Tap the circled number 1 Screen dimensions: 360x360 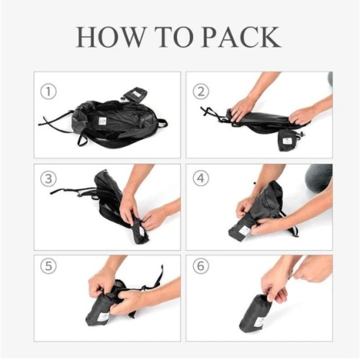point(48,92)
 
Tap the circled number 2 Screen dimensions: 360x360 point(201,91)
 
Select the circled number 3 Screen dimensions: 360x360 point(48,179)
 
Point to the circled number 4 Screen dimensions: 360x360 point(201,179)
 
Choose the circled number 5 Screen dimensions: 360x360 point(48,266)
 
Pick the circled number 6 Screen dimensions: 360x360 point(201,266)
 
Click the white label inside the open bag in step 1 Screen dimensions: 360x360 point(102,121)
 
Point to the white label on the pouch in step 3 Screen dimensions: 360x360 point(141,232)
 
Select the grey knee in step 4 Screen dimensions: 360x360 point(318,178)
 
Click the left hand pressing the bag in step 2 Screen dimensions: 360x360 point(243,109)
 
